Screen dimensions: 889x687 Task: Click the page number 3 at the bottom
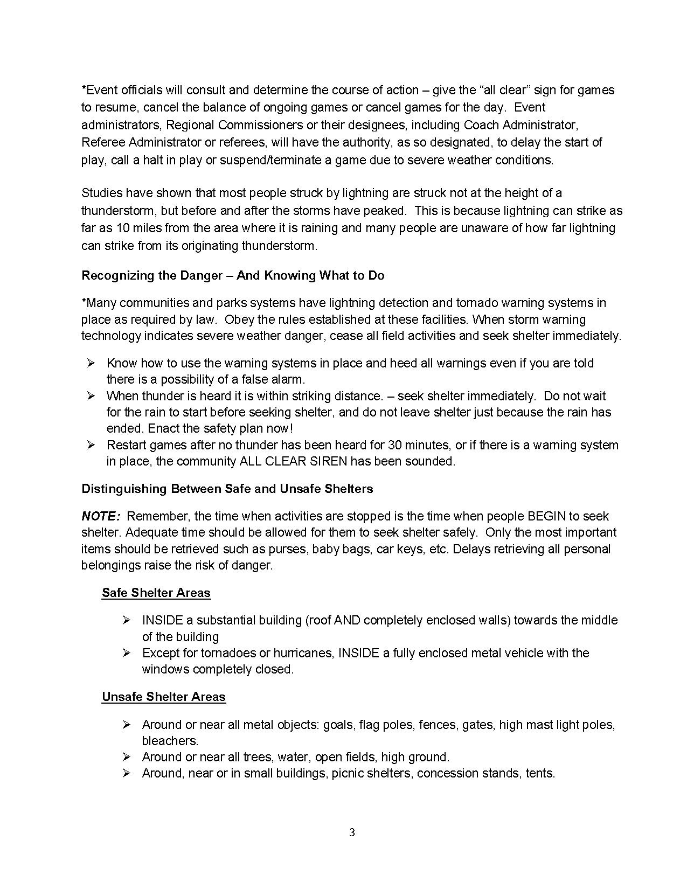[x=352, y=832]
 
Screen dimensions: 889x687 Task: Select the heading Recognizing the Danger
[x=233, y=275]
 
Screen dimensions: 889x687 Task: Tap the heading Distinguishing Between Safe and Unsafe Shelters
[x=227, y=489]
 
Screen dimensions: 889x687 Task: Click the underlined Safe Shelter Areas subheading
[x=156, y=593]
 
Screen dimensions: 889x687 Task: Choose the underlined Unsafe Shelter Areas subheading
[x=163, y=697]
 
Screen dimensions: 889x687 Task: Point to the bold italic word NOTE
[x=100, y=516]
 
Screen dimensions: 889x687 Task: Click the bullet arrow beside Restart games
[x=91, y=445]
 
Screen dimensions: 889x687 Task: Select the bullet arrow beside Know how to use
[x=91, y=363]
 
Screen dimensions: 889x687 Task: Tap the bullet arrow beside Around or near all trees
[x=127, y=757]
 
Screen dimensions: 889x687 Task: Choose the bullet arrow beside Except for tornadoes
[x=127, y=653]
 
